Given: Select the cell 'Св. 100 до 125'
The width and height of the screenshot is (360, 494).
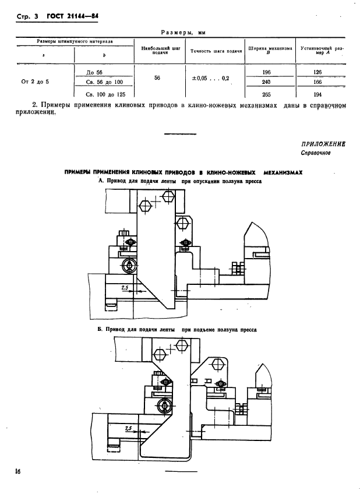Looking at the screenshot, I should (105, 93).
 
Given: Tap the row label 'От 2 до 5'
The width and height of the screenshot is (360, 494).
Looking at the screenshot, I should (36, 82).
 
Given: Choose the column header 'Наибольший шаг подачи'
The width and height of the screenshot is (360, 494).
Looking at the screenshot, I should (155, 51).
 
